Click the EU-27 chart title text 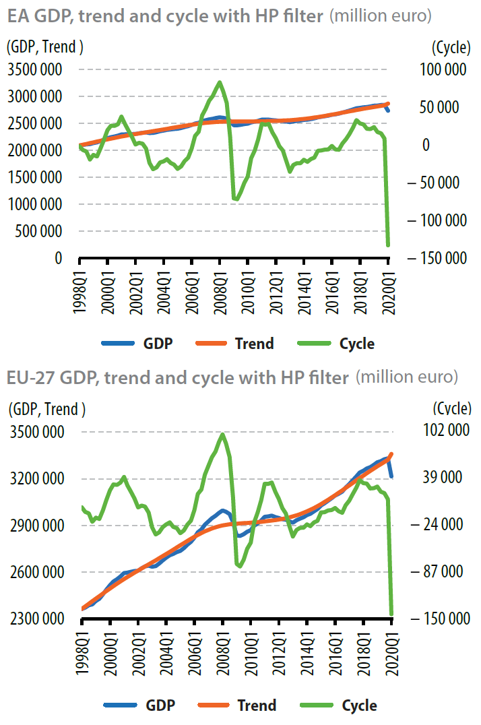[x=178, y=378]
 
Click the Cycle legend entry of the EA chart [x=357, y=344]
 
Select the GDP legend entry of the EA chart [x=158, y=344]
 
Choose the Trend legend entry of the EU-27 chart [x=256, y=705]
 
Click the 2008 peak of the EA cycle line [x=220, y=83]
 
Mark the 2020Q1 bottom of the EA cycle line [x=388, y=245]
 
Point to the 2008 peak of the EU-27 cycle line [x=222, y=435]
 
